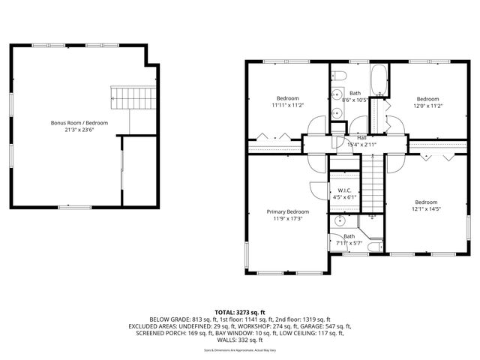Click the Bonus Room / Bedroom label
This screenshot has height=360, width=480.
(x=79, y=122)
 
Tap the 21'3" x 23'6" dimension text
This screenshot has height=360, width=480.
(x=79, y=130)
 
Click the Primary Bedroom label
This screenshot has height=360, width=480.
(x=288, y=211)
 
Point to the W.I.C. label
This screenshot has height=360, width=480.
(x=345, y=190)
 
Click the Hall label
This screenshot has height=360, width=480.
(x=361, y=138)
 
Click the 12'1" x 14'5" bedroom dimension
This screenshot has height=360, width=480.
(x=426, y=209)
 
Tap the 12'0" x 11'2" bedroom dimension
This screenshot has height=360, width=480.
(x=427, y=106)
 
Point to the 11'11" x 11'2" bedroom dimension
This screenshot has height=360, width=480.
(x=288, y=106)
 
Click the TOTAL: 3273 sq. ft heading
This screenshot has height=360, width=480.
(x=240, y=312)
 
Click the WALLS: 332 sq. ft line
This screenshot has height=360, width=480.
(x=240, y=339)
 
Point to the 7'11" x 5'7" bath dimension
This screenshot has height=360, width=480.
(x=349, y=243)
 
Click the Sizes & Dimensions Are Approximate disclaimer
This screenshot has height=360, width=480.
(x=240, y=349)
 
